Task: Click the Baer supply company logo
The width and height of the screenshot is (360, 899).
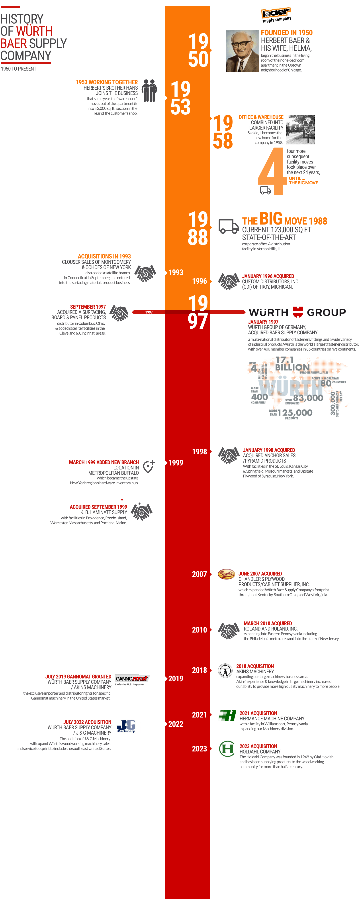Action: (x=276, y=15)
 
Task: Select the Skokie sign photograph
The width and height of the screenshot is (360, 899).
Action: (x=300, y=130)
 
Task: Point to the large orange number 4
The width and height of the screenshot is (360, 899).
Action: (x=271, y=171)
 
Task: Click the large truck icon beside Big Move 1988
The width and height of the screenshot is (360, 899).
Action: (x=229, y=226)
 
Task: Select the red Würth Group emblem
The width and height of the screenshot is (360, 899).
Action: (x=297, y=312)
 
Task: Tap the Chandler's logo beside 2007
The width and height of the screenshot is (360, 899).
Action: (x=226, y=574)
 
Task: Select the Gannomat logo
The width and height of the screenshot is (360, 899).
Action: (x=132, y=679)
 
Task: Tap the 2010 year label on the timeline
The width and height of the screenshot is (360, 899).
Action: (x=200, y=630)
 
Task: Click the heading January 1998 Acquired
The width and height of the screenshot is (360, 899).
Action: (x=269, y=450)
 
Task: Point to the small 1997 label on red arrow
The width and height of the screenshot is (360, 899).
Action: (x=149, y=312)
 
